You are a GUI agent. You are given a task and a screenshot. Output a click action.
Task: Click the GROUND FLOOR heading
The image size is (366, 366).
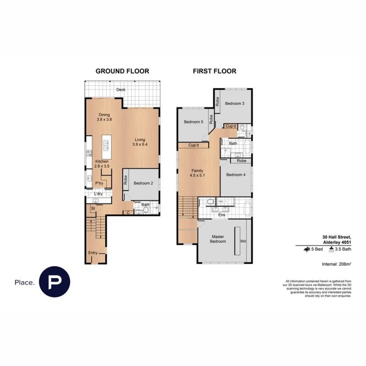pos(122,71)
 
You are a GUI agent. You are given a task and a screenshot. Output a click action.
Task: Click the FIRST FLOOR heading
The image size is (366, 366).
pos(215,71)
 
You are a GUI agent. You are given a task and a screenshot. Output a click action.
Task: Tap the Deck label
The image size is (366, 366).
pos(121,90)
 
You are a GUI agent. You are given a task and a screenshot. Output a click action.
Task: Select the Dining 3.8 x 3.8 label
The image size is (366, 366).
pos(104,117)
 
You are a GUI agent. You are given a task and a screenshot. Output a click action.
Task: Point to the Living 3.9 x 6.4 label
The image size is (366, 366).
pos(140,142)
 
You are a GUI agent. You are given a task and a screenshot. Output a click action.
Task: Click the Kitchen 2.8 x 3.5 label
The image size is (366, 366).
pos(102,164)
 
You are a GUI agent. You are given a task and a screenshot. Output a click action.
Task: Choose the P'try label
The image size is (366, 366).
pos(99,183)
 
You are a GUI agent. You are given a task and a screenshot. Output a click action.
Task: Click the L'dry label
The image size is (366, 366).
pos(98,194)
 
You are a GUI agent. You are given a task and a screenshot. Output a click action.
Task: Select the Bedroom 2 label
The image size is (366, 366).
pos(143,183)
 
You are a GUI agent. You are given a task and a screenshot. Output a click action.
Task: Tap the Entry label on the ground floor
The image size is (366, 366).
pos(93,253)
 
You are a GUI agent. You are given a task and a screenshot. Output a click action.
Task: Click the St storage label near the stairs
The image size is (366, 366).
pos(93,209)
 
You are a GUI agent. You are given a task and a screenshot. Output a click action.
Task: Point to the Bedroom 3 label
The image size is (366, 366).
pos(235,104)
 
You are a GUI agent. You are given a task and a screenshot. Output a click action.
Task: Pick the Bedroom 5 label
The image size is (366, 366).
pos(193,122)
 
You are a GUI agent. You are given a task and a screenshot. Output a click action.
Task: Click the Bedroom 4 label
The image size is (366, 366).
pos(236,175)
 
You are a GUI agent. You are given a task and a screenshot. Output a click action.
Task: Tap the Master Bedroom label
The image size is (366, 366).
pos(219,239)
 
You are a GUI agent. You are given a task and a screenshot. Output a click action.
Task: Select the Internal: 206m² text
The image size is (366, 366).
pos(336,264)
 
